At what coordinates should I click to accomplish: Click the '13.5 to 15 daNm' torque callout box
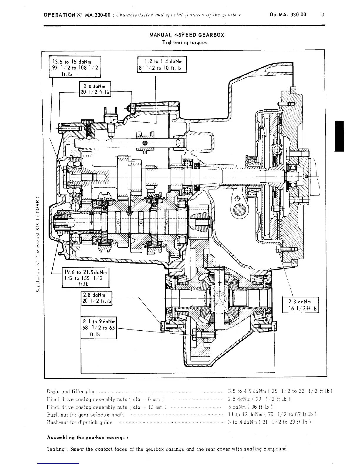75,67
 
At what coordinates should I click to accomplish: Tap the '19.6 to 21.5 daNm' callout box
85,277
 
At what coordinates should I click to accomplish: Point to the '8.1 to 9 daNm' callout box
99,327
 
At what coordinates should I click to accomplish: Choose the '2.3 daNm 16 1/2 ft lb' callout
300,305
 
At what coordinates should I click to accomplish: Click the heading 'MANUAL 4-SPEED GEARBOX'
187,35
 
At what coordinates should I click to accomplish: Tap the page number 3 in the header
323,14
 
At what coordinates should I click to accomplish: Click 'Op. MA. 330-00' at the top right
287,14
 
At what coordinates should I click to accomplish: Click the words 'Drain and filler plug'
71,392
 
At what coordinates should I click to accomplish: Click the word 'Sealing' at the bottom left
56,449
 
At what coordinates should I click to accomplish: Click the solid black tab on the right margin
339,136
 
